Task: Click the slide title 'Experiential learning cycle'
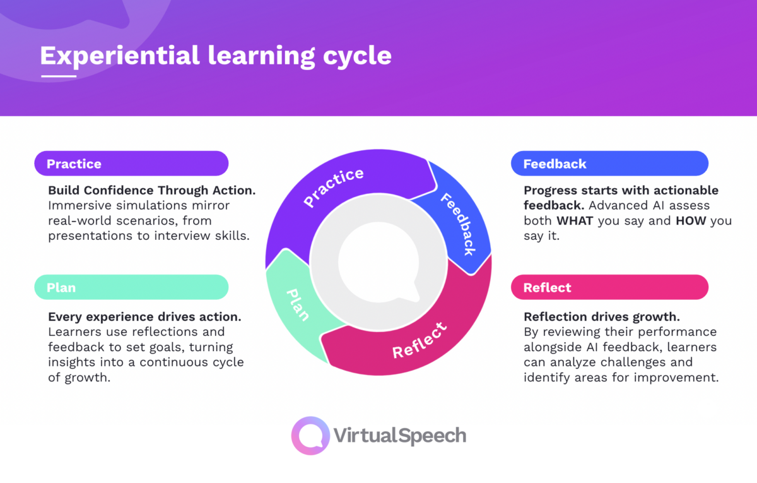click(x=216, y=56)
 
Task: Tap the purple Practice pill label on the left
click(x=131, y=164)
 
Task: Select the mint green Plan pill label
click(x=131, y=287)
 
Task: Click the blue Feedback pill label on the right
click(x=609, y=164)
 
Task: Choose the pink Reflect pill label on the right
click(x=609, y=287)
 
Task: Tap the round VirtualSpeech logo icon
click(x=310, y=436)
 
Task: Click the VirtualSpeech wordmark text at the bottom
click(x=399, y=436)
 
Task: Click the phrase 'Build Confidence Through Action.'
click(x=151, y=190)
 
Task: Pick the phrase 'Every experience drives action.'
click(x=144, y=316)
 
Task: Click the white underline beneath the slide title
click(x=58, y=76)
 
